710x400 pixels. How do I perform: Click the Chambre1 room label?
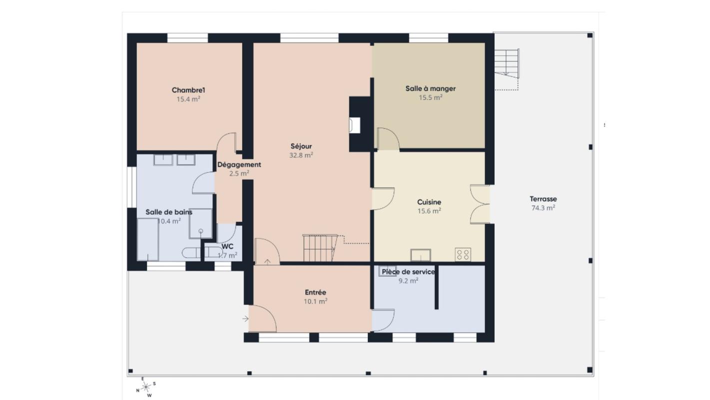[x=188, y=90]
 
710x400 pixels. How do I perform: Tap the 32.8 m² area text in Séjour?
[x=301, y=155]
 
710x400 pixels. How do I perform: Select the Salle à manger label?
[x=430, y=88]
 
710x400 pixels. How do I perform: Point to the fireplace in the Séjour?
[x=355, y=125]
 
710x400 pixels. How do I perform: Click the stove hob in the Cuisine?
[x=463, y=254]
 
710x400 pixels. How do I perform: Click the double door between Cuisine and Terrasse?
[x=480, y=204]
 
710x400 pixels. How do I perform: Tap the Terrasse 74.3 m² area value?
[x=544, y=208]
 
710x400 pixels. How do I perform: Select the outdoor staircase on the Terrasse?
[x=508, y=63]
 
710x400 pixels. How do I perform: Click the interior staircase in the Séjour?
[x=320, y=248]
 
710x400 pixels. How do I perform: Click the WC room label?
[x=228, y=246]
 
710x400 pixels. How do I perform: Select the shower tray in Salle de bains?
[x=201, y=223]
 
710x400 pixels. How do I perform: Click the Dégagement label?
[x=239, y=164]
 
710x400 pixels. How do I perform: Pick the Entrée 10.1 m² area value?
[x=316, y=301]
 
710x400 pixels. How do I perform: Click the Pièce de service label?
[x=408, y=271]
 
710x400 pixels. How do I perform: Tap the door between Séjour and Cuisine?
[x=382, y=198]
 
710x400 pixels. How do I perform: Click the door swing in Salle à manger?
[x=388, y=139]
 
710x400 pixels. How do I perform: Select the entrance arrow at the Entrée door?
[x=245, y=318]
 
